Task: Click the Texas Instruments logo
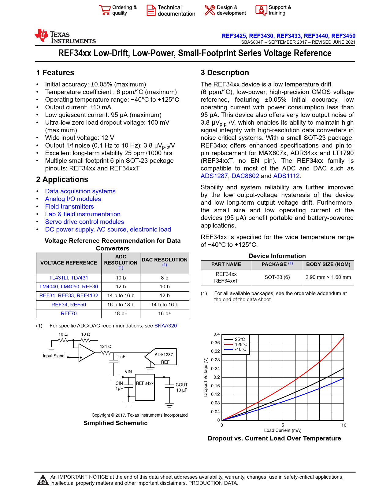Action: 65,36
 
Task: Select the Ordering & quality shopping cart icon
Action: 105,10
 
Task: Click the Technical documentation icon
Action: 151,10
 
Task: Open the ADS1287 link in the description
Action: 214,176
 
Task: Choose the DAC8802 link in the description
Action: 245,176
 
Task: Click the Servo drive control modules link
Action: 84,222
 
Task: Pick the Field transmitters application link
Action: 69,206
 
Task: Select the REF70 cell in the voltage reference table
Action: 69,313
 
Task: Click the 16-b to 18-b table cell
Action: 121,305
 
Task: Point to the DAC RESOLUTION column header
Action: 165,260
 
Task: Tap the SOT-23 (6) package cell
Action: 277,277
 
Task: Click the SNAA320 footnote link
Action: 165,326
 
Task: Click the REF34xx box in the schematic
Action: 145,387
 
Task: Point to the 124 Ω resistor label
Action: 106,346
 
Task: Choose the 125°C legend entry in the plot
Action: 241,344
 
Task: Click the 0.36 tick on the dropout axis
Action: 215,343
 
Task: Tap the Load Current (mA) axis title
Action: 283,430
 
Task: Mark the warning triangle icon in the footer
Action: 43,480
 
